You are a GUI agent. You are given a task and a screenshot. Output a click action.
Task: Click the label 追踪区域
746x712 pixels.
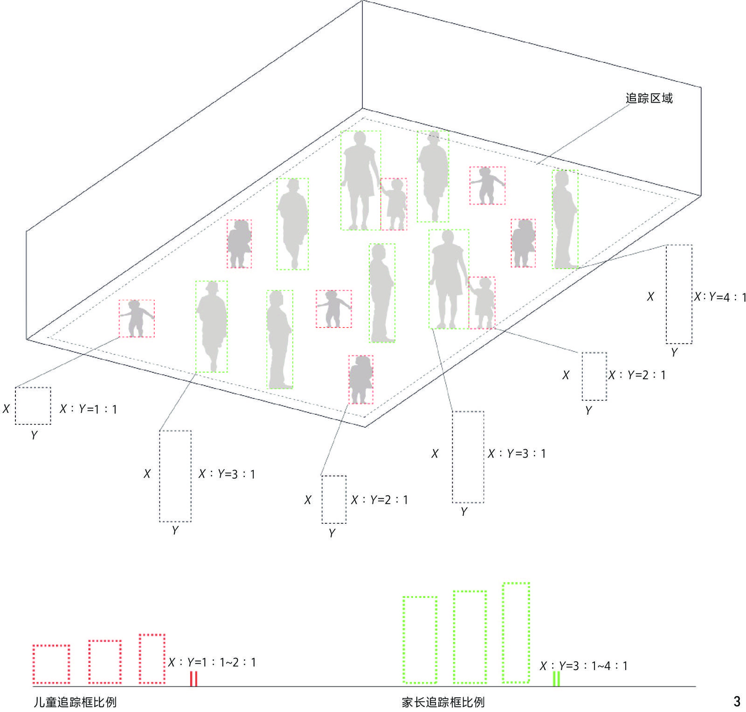pyautogui.click(x=649, y=98)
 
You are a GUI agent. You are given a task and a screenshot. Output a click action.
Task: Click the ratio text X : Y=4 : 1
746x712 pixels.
pyautogui.click(x=720, y=297)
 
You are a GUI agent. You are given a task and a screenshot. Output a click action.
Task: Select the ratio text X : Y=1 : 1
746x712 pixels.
pyautogui.click(x=88, y=409)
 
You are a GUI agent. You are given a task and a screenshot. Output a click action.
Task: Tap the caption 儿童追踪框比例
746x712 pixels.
pyautogui.click(x=75, y=702)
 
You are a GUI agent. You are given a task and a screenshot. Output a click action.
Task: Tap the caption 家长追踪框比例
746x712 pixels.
pyautogui.click(x=443, y=702)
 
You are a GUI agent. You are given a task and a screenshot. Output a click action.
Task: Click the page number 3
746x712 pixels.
pyautogui.click(x=737, y=701)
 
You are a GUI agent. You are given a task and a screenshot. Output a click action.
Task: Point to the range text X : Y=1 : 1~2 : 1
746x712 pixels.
pyautogui.click(x=212, y=662)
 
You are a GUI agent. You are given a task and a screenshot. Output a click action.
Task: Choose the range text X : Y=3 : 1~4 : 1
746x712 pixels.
pyautogui.click(x=584, y=666)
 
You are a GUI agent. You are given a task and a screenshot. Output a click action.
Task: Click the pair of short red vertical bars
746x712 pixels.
pyautogui.click(x=193, y=678)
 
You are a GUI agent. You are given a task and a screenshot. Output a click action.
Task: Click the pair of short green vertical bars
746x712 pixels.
pyautogui.click(x=556, y=678)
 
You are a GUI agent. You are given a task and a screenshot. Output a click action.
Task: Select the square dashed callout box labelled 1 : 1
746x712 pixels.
pyautogui.click(x=33, y=405)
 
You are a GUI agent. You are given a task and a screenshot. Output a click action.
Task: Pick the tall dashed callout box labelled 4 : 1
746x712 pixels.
pyautogui.click(x=679, y=294)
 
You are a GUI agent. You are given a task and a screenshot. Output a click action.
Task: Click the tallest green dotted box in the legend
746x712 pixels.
pyautogui.click(x=516, y=632)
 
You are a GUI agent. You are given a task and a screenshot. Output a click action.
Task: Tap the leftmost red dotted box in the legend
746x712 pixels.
pyautogui.click(x=51, y=664)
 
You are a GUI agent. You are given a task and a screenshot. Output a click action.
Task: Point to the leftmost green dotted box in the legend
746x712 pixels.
pyautogui.click(x=420, y=640)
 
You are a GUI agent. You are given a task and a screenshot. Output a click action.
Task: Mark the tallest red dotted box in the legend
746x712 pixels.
pyautogui.click(x=152, y=658)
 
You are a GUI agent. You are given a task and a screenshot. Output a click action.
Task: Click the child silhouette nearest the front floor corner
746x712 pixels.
pyautogui.click(x=361, y=379)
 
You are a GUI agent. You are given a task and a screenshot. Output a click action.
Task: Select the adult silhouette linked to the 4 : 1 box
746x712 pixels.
pyautogui.click(x=565, y=219)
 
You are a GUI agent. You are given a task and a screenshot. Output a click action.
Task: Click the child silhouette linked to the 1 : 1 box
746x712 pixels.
pyautogui.click(x=137, y=318)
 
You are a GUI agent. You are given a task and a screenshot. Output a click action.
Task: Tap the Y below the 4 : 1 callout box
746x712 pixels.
pyautogui.click(x=674, y=352)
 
